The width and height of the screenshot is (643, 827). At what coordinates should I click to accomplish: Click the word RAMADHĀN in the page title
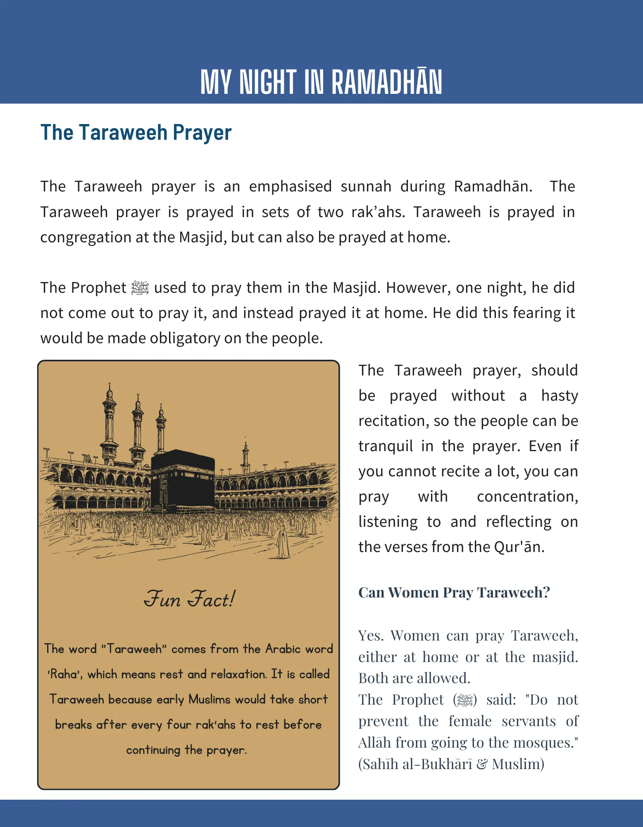[386, 82]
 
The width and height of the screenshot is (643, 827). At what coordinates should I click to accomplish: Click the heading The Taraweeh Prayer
[136, 133]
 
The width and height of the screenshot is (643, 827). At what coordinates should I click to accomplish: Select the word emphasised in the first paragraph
[290, 186]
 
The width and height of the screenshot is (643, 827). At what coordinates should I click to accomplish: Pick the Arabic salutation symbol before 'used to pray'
[140, 288]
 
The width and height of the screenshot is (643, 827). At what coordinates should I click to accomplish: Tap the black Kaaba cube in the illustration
[183, 480]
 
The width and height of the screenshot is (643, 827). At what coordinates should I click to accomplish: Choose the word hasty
[560, 396]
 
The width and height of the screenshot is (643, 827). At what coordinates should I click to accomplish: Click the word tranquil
[385, 446]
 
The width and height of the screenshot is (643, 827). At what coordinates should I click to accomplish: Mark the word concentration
[527, 497]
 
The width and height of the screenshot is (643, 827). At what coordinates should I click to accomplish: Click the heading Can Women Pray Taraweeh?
[454, 593]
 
